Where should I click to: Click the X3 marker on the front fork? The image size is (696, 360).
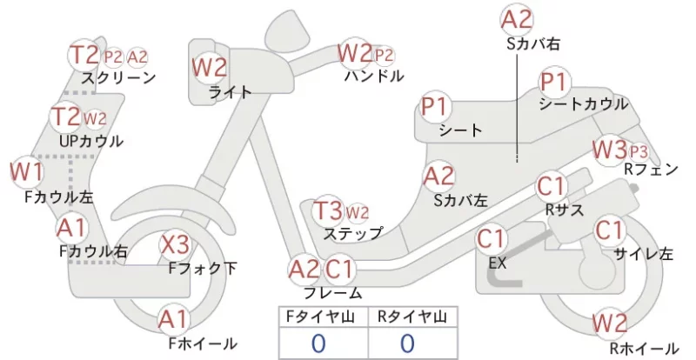click(175, 244)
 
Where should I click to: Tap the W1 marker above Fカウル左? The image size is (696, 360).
click(27, 172)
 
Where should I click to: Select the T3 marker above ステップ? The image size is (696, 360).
click(328, 211)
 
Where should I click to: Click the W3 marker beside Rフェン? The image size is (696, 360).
click(610, 150)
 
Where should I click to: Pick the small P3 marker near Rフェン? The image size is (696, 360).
click(639, 152)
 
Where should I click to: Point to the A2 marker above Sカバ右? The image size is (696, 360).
click(517, 20)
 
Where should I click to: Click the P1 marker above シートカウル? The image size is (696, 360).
click(554, 82)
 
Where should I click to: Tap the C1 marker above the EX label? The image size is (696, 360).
click(491, 239)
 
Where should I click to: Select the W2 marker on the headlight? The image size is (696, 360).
click(209, 68)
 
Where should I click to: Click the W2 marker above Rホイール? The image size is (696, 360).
click(610, 323)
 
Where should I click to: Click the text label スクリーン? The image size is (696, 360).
click(118, 78)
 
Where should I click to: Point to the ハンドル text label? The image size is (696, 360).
click(374, 76)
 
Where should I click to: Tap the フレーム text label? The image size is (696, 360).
click(333, 293)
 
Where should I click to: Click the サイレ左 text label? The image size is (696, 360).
click(643, 254)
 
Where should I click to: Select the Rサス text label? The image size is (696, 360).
click(565, 210)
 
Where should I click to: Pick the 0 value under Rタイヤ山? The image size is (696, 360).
click(407, 343)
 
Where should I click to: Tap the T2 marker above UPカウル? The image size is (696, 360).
click(66, 117)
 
